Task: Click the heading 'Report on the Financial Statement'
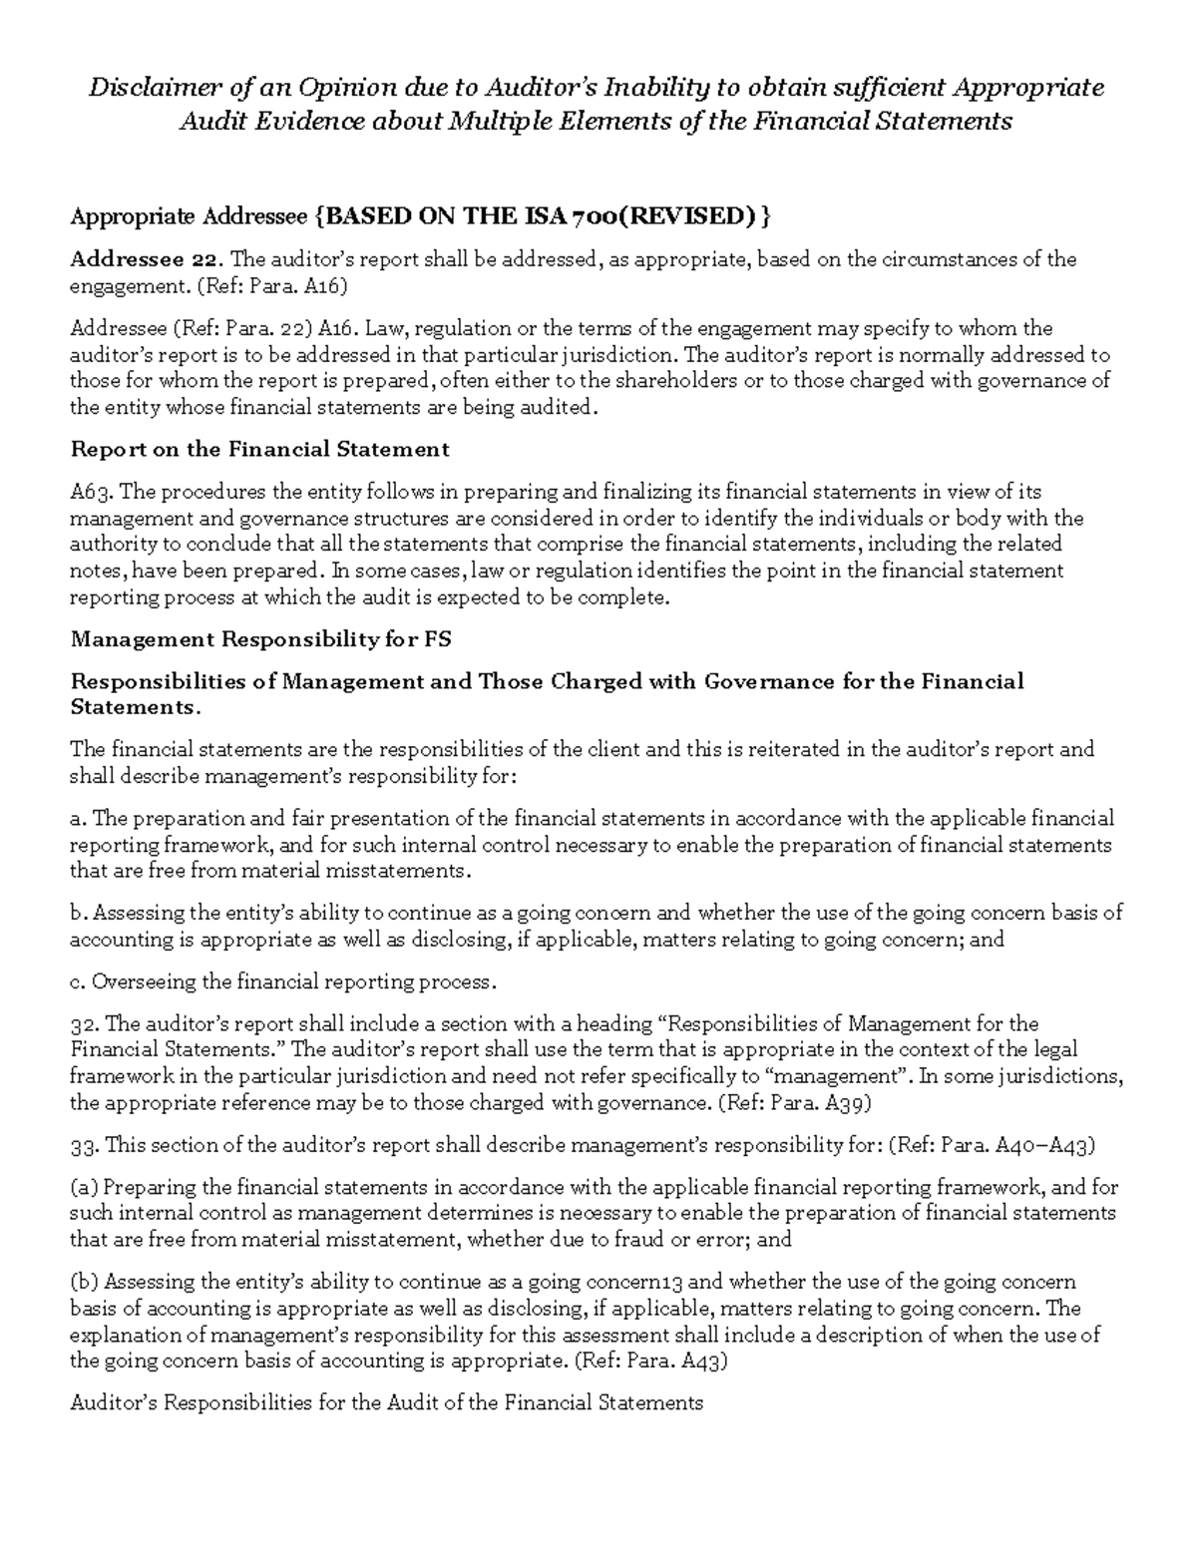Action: coord(259,450)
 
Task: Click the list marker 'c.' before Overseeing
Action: coord(78,982)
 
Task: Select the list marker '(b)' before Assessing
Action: coord(84,1283)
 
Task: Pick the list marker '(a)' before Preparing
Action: coord(84,1188)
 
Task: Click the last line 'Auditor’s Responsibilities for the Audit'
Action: coord(387,1403)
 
